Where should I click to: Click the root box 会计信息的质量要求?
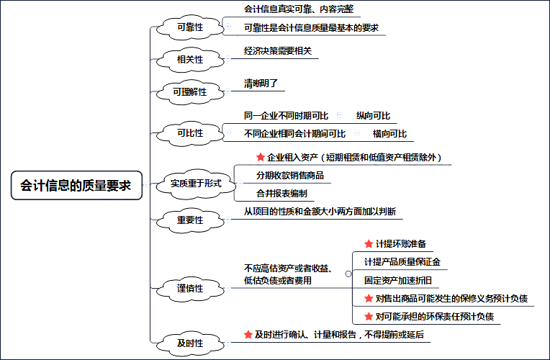point(76,185)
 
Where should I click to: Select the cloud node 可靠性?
point(190,27)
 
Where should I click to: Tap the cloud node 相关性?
point(190,60)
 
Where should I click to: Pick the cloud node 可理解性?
point(190,92)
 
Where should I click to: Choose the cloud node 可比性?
point(190,133)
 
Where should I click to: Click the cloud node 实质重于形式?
point(196,184)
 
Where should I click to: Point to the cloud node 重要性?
point(190,220)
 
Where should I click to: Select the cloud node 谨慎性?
point(190,289)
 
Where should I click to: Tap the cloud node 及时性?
point(190,343)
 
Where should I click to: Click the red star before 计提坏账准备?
point(369,244)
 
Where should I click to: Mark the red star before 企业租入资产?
point(261,157)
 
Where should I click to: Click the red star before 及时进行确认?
point(248,335)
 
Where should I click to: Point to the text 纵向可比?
point(373,116)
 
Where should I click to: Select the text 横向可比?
point(389,134)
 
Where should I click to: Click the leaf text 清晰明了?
point(261,84)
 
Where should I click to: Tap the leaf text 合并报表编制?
point(281,194)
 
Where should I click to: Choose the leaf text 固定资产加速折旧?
point(398,280)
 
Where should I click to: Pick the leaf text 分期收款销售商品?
point(290,176)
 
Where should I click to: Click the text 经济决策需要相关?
point(278,51)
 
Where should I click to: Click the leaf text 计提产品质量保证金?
point(402,262)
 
